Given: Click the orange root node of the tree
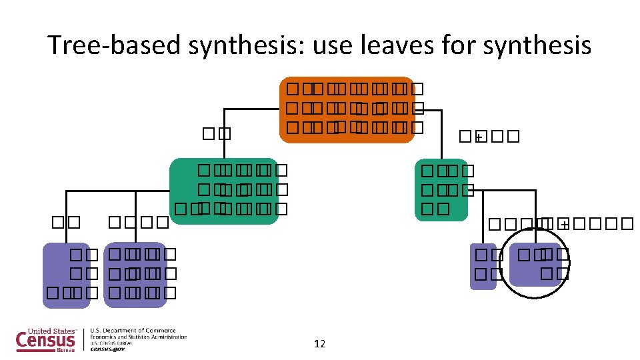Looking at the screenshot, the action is click(x=347, y=109).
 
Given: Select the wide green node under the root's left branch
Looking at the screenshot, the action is click(x=224, y=191).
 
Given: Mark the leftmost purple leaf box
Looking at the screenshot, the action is click(x=66, y=275).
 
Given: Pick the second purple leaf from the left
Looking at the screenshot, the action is click(x=135, y=274).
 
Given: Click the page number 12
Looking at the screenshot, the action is click(x=319, y=344).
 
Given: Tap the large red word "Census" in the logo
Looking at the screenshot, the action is click(x=45, y=341).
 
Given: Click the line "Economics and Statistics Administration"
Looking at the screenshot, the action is click(x=139, y=337).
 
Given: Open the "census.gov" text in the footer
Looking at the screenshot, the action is click(x=107, y=349).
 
